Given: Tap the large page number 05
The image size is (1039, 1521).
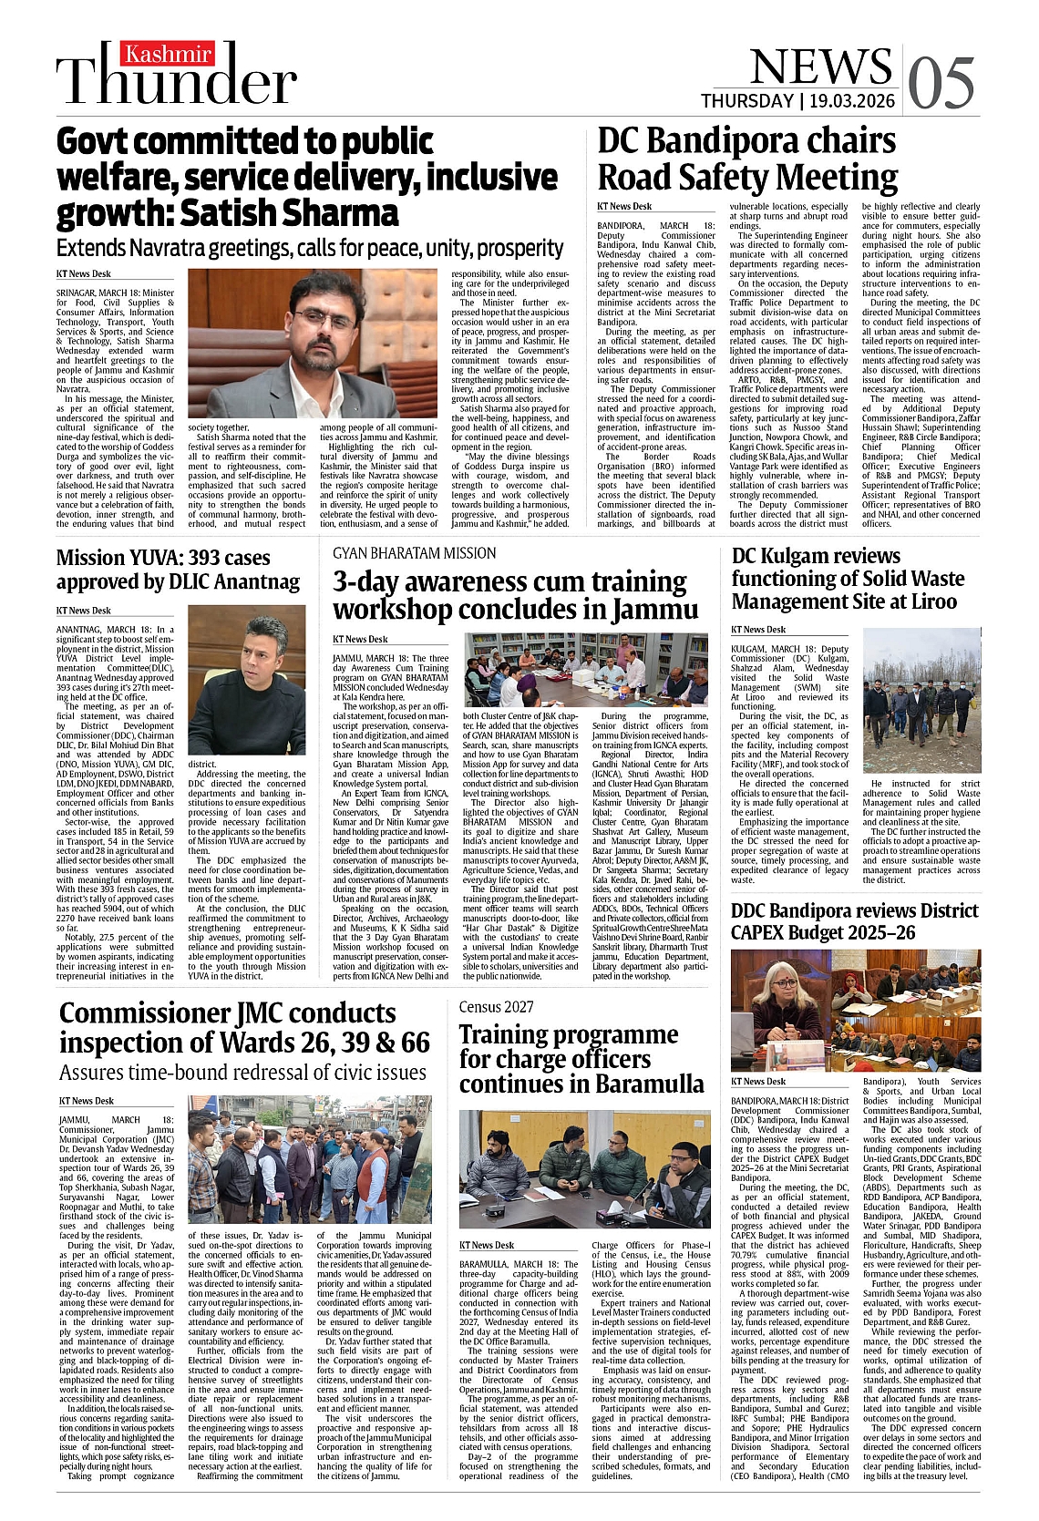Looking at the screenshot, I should (941, 81).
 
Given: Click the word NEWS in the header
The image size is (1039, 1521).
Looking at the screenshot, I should (820, 67).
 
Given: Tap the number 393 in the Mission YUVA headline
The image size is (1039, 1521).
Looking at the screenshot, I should (177, 557).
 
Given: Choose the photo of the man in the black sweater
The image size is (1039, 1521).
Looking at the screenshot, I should (246, 681).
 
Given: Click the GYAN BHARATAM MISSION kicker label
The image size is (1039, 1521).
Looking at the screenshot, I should (414, 553).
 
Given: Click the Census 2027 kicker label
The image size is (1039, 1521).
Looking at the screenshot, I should (496, 1006).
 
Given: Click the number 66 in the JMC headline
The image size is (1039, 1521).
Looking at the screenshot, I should (414, 1042).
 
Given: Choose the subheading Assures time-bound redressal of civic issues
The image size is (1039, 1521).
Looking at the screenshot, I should (242, 1072).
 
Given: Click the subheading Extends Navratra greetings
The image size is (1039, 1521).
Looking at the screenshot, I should (310, 248).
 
